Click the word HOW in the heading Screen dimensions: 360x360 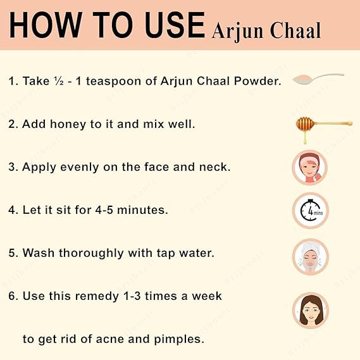[46, 25]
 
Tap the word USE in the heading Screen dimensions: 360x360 [175, 25]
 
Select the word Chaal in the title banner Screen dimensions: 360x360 [295, 30]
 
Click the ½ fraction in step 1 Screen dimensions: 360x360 [59, 81]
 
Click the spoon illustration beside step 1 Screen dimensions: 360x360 [318, 78]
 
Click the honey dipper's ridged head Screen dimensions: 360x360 [305, 124]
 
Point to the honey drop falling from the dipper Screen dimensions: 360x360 [305, 139]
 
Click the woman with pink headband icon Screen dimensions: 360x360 [310, 168]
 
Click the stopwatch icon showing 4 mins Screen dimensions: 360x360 [311, 210]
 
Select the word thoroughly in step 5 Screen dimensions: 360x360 [91, 254]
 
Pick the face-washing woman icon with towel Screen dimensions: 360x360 [311, 257]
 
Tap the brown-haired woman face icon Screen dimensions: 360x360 [311, 311]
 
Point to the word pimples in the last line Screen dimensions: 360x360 [179, 340]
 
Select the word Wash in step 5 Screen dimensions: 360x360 [39, 253]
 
